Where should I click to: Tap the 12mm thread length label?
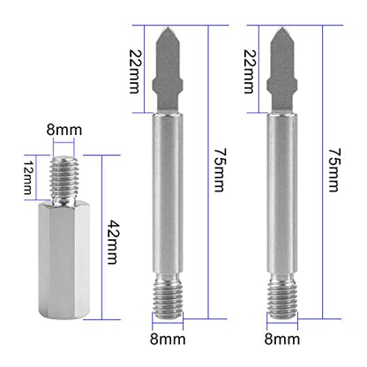pyautogui.click(x=28, y=177)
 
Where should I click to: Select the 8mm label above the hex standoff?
pyautogui.click(x=64, y=130)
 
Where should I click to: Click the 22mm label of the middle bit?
pyautogui.click(x=136, y=71)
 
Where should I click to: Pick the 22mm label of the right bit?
pyautogui.click(x=250, y=71)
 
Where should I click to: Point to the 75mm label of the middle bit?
pyautogui.click(x=221, y=170)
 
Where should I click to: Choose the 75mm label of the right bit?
pyautogui.click(x=335, y=170)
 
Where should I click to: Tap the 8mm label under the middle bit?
pyautogui.click(x=168, y=339)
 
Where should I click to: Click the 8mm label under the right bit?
pyautogui.click(x=282, y=339)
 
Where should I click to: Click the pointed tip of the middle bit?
pyautogui.click(x=168, y=27)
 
